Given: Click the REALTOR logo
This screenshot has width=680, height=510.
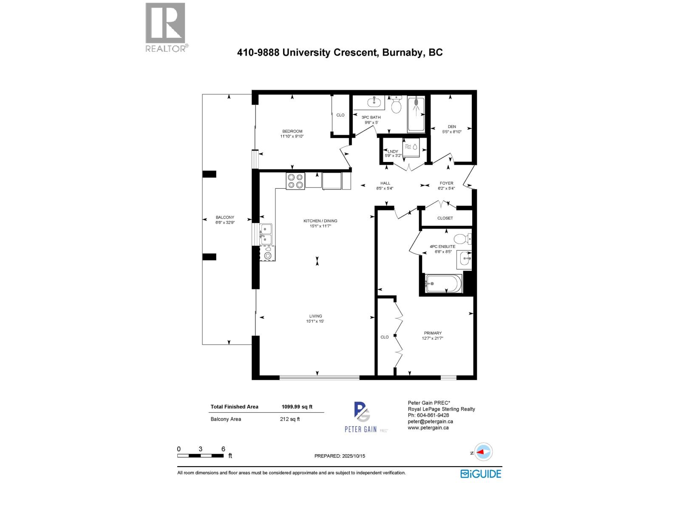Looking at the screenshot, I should tap(165, 27).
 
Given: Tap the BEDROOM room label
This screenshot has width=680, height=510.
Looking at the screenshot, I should tap(292, 131).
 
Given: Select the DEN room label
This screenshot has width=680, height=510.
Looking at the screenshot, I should tap(451, 127).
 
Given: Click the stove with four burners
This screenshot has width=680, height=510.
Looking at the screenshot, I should tap(295, 181).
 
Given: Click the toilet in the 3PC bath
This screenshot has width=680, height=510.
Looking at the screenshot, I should tap(396, 105).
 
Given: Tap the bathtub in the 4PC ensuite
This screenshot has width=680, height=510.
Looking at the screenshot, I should tap(443, 283).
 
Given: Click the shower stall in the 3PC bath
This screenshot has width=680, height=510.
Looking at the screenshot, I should tap(416, 113).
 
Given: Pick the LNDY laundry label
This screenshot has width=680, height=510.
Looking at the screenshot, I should tap(393, 151).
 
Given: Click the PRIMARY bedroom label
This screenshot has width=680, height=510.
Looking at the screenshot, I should tap(433, 333).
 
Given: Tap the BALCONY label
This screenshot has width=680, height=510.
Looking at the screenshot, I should tap(225, 217).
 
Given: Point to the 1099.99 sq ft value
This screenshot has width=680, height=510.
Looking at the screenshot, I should tap(297, 407).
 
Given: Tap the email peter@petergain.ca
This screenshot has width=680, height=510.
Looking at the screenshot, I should tap(430, 422).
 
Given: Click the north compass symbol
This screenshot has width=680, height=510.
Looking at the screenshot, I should tap(484, 452).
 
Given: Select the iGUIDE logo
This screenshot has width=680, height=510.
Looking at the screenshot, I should tap(481, 473).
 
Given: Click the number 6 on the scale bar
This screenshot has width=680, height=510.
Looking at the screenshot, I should tap(223, 449).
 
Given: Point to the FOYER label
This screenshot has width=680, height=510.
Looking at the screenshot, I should tap(446, 183).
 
